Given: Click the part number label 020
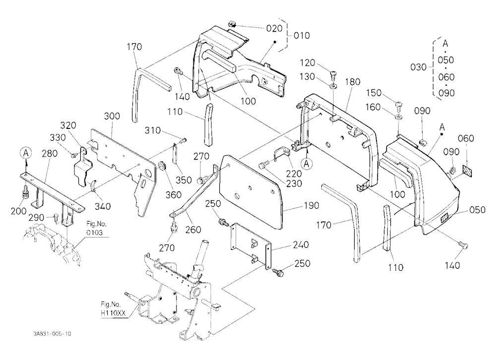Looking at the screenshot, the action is (x=274, y=28).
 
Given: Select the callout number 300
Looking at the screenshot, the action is (x=112, y=116).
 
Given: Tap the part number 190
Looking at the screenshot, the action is (x=311, y=206).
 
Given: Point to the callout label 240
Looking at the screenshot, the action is (x=301, y=244).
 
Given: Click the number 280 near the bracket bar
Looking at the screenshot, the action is (x=50, y=153).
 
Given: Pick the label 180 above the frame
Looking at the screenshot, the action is (x=352, y=82).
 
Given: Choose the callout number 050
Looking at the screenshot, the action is (x=477, y=210).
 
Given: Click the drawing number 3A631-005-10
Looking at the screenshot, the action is (x=52, y=334).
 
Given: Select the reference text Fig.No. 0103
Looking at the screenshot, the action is (x=95, y=229).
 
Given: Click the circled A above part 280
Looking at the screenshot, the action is (x=26, y=153).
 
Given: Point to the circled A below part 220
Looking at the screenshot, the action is (x=306, y=164).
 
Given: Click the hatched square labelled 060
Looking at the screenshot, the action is (x=467, y=171).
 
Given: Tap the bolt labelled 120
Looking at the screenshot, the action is (x=333, y=75).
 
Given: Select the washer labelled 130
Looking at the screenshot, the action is (x=334, y=86).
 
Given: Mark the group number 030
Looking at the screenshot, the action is (x=418, y=67).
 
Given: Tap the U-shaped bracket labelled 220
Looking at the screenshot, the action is (x=282, y=153).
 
